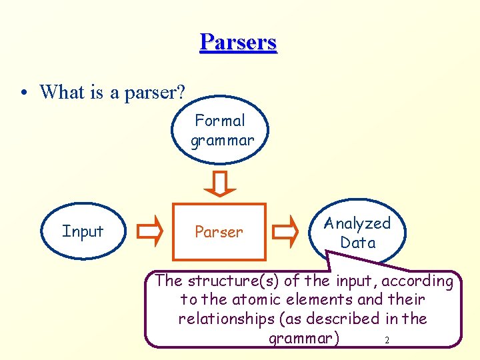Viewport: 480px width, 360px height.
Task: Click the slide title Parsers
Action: coord(238,42)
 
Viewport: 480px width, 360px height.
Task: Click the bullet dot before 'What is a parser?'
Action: coord(23,93)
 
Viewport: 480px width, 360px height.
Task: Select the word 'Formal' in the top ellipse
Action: coord(220,121)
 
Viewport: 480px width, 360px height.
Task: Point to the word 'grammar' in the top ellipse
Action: coord(222,141)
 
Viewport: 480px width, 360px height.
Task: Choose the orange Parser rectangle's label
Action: coord(219,232)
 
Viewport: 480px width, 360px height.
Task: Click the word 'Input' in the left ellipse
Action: coord(83,231)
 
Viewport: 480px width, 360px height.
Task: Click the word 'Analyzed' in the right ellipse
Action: coord(357,224)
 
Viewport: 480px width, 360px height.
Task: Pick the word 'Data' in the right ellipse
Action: coord(358,243)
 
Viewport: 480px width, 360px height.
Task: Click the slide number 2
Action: coord(387,341)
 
